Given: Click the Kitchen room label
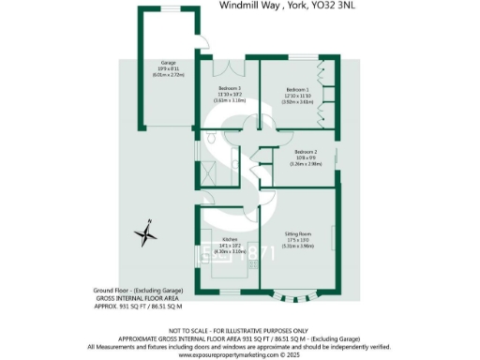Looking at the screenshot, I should tap(228, 240).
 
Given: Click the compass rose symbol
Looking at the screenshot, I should tap(145, 231).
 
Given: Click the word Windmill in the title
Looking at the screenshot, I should tap(240, 6).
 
